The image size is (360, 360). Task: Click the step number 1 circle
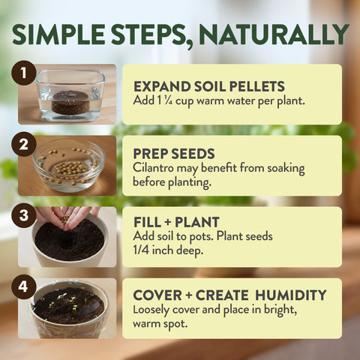coord(24,73)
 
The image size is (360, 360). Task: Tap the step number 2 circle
coord(24,144)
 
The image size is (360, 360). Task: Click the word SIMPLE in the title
coord(59,34)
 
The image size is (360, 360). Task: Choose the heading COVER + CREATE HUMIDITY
coord(229,295)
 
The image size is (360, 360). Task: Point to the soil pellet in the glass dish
coord(70,100)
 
